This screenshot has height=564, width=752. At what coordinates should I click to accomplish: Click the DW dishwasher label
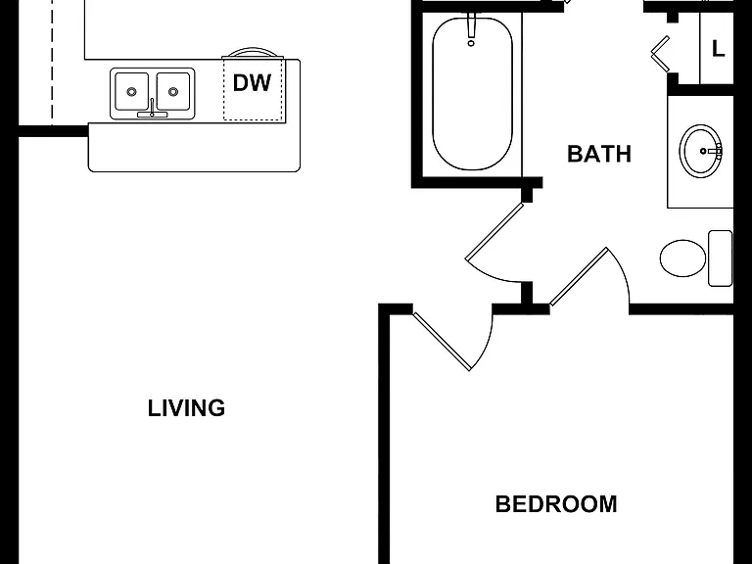252,83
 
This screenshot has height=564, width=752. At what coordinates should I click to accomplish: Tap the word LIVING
186,408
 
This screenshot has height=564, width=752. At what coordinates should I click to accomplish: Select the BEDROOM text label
556,504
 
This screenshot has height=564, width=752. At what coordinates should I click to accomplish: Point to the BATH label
599,154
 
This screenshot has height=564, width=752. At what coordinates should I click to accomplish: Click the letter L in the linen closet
718,48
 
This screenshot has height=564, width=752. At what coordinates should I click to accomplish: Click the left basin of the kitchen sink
131,91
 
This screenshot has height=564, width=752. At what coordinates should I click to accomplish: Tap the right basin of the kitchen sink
173,91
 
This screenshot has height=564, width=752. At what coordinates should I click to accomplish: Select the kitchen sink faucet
152,110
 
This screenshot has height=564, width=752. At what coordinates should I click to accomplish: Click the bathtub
472,94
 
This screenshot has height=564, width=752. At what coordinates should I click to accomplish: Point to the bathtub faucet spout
471,25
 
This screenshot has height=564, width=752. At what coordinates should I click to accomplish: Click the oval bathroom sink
701,151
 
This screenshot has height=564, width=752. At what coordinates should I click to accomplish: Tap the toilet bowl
682,258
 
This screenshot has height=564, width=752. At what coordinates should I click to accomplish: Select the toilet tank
721,258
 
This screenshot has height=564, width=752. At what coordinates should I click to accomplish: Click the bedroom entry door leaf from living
442,341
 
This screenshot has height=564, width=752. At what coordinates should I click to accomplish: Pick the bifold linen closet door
660,54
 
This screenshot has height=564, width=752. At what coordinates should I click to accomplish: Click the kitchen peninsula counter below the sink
194,147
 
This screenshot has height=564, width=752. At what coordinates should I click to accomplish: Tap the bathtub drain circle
471,43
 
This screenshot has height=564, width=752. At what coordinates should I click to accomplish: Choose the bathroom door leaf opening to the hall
494,231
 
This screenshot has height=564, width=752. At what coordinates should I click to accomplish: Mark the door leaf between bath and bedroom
579,276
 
